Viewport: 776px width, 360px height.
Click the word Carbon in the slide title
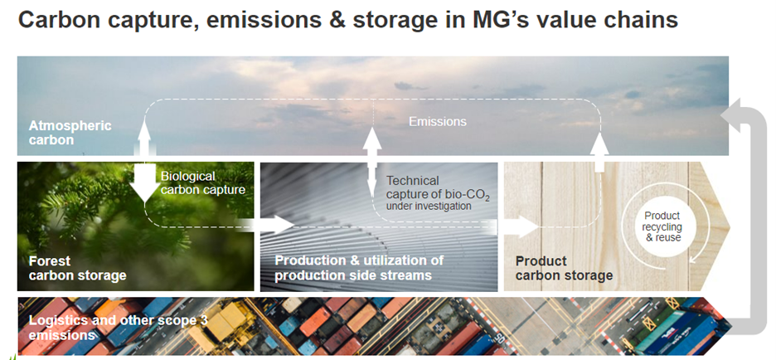click(61, 21)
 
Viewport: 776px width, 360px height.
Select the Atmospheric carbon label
click(70, 133)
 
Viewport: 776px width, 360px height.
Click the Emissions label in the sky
click(437, 121)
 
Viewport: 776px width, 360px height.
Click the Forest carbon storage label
click(78, 268)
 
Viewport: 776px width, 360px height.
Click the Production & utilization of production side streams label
click(358, 268)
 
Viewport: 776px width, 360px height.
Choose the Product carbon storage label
click(564, 268)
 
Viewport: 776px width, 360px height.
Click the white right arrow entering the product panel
click(519, 225)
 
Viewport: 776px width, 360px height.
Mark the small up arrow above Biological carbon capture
click(144, 137)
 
